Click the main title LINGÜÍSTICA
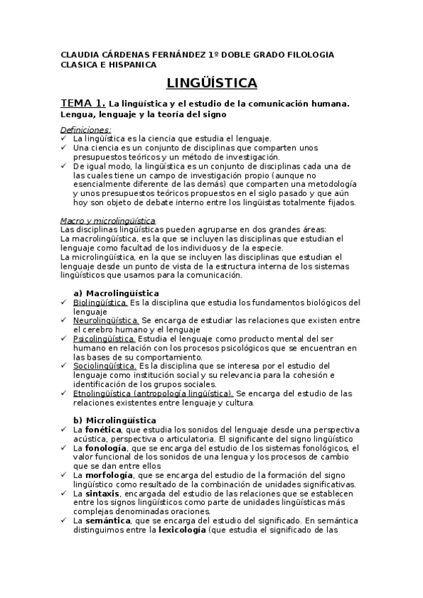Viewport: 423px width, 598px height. coord(212,84)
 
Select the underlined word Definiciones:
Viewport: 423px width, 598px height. coord(85,130)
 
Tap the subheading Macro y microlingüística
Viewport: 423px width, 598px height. coord(107,221)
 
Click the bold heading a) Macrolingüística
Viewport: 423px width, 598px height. coord(117,293)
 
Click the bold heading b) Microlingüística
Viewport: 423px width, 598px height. coord(115,420)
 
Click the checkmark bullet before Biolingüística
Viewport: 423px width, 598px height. coord(64,303)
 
